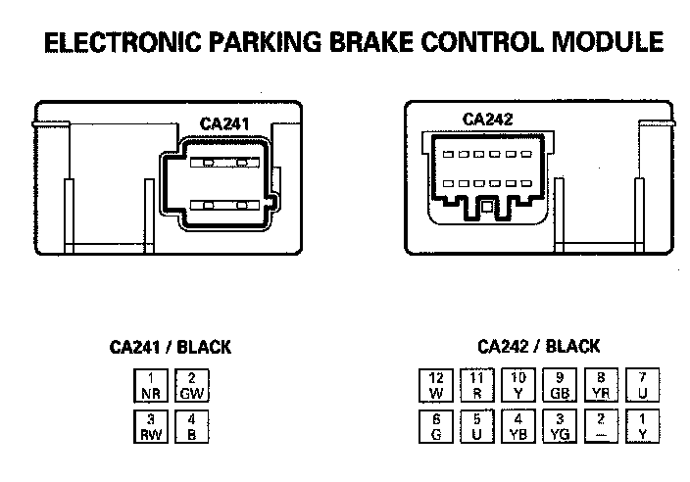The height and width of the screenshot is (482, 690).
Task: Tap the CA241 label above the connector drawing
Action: (225, 123)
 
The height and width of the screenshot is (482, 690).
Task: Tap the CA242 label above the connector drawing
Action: (487, 120)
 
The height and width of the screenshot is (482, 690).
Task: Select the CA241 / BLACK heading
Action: (171, 347)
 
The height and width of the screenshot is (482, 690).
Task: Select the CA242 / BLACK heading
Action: (538, 346)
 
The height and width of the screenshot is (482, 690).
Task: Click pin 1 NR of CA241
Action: (150, 386)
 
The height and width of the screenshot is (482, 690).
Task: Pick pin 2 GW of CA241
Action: (192, 386)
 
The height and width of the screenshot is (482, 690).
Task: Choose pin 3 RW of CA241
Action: (150, 427)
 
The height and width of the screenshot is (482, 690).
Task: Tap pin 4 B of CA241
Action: (192, 427)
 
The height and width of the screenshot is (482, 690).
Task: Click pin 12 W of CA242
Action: (436, 385)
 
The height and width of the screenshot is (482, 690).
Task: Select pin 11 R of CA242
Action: (477, 385)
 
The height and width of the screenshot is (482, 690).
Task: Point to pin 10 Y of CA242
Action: (518, 385)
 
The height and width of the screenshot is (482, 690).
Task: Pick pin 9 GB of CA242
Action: (560, 385)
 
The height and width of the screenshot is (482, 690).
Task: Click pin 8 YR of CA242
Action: (601, 385)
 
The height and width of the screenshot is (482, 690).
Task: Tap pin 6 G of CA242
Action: (436, 426)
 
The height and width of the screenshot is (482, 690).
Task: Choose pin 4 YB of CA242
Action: (518, 426)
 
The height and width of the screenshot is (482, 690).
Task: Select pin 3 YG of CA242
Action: (560, 426)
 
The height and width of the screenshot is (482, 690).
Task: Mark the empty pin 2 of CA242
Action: (601, 426)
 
